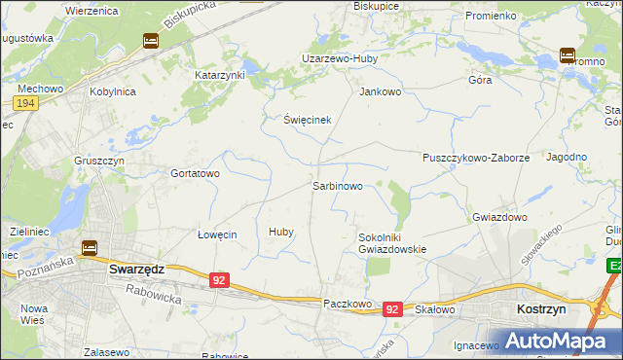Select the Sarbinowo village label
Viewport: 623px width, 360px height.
pyautogui.click(x=338, y=185)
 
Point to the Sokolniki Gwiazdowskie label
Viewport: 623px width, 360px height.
pyautogui.click(x=392, y=242)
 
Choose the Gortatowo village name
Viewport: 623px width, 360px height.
pyautogui.click(x=196, y=173)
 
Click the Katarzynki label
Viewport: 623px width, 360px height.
pyautogui.click(x=220, y=74)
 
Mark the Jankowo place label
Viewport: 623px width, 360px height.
pyautogui.click(x=381, y=92)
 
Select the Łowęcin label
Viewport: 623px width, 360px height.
pyautogui.click(x=217, y=234)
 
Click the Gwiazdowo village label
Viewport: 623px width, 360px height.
pyautogui.click(x=499, y=217)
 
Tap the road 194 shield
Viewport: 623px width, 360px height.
pyautogui.click(x=26, y=102)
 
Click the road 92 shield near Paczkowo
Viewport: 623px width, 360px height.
pyautogui.click(x=391, y=308)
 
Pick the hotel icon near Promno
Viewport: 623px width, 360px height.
pyautogui.click(x=568, y=55)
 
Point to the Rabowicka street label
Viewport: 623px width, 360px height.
pyautogui.click(x=154, y=293)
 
